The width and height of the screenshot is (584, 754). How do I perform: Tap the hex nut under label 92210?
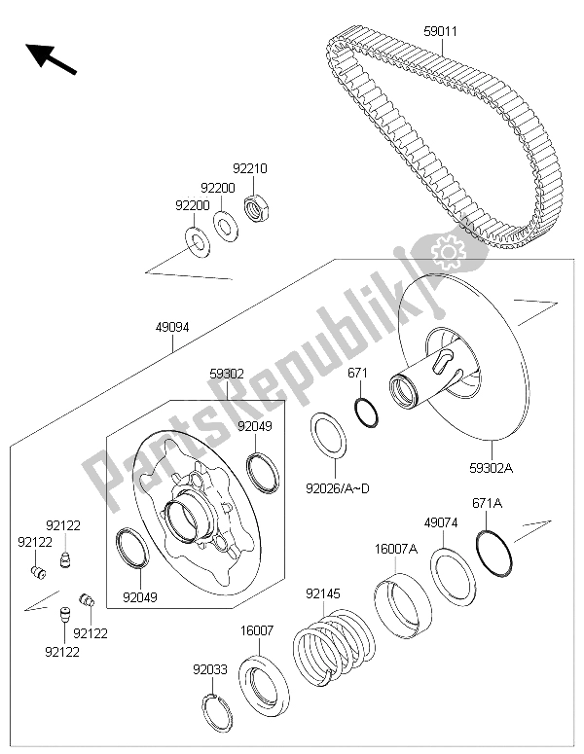[x=257, y=208]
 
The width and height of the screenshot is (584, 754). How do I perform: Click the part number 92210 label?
[x=249, y=168]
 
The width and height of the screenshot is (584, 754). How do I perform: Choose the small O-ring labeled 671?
[x=366, y=413]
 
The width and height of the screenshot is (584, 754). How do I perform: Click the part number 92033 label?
[x=210, y=669]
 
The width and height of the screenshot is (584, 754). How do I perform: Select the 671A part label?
[x=486, y=503]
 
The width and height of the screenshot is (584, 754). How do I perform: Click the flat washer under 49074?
[x=453, y=579]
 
